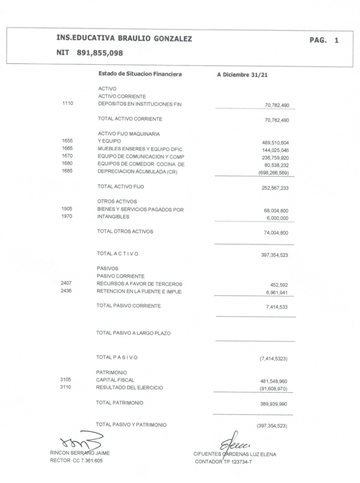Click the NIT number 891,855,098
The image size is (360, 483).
100,53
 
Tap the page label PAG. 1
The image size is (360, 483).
324,40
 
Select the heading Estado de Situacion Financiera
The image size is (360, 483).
140,74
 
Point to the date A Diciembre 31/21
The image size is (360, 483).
242,75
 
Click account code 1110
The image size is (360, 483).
68,103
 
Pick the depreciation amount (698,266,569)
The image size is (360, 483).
274,173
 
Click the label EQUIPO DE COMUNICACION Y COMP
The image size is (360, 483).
141,157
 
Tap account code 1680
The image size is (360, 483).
67,163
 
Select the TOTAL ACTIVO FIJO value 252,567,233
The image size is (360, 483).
275,188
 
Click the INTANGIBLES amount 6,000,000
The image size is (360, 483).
277,218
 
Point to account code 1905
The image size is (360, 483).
67,209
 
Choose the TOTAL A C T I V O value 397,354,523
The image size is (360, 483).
274,255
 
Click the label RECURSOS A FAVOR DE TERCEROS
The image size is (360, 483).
139,284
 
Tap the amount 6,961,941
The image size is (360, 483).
277,292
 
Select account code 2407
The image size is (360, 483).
66,283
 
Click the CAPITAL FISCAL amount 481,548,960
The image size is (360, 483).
273,381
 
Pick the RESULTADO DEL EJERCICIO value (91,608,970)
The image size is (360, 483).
273,389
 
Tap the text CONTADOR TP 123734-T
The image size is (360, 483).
223,462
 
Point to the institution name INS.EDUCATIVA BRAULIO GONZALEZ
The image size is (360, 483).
124,38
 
